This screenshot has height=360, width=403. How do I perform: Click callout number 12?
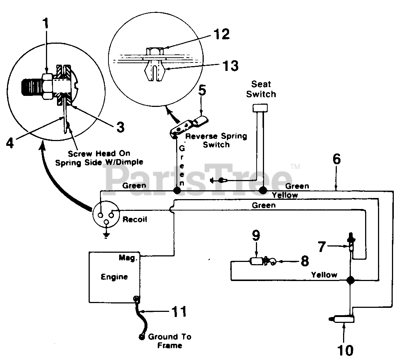coord(221,34)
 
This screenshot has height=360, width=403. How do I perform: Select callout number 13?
coord(230,65)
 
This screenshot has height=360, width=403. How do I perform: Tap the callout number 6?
coord(337,159)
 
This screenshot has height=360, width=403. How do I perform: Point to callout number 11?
coord(179,312)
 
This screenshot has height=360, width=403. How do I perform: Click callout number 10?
coord(345,350)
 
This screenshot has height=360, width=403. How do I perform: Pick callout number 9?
coord(256,235)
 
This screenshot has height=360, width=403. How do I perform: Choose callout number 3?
coord(120,127)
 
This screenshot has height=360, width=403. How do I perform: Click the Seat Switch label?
coord(261,89)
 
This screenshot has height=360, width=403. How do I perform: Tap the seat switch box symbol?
coord(260,108)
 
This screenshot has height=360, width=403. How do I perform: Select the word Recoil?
coord(135,219)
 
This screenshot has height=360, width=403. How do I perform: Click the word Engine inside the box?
coord(114,277)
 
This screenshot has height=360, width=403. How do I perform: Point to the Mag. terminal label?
coord(128,258)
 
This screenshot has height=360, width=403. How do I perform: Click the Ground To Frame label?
coord(170,341)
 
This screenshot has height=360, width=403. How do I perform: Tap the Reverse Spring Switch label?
coord(216,140)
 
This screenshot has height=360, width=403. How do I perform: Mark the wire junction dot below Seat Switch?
coord(263,191)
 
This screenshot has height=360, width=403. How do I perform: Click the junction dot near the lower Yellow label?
coord(350,280)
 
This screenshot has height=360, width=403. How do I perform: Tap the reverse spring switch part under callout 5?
coord(189,126)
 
